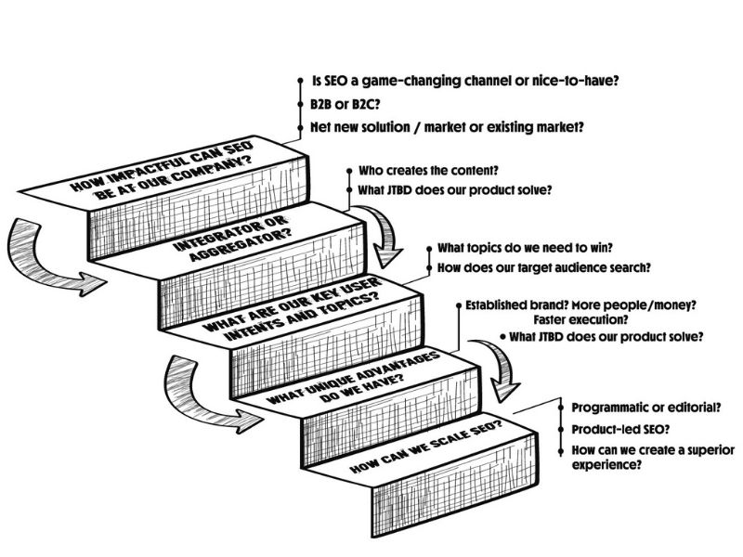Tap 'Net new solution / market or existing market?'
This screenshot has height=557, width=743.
(x=447, y=126)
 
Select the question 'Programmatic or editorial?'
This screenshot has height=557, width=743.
(x=647, y=408)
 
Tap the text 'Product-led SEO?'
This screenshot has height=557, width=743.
(x=618, y=430)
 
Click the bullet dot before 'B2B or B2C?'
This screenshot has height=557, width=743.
(x=301, y=104)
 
